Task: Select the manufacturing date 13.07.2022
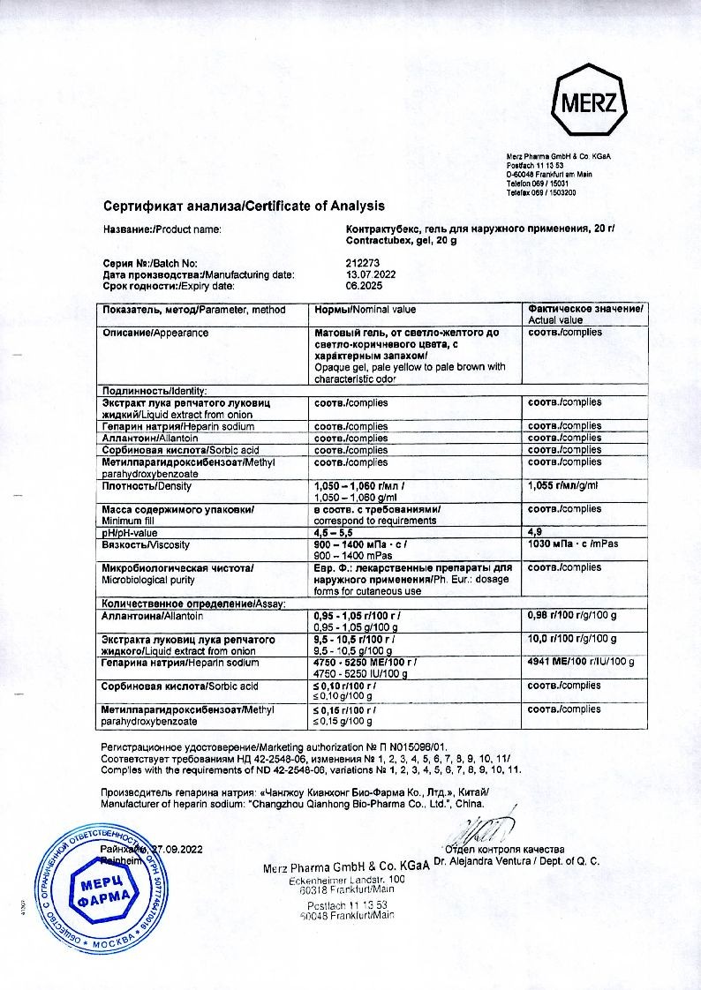(x=371, y=274)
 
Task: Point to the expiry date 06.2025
(x=364, y=286)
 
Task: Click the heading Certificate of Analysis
(x=244, y=206)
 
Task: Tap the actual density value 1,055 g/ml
(x=563, y=485)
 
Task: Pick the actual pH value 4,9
(x=533, y=533)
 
